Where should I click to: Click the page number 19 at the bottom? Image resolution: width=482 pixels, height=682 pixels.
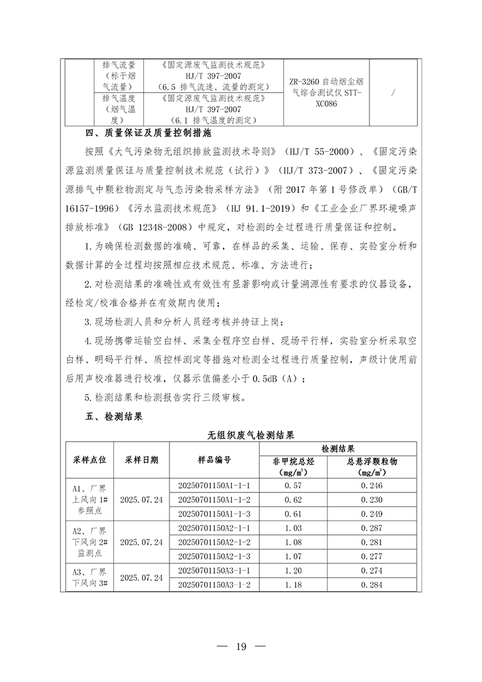[x=240, y=646]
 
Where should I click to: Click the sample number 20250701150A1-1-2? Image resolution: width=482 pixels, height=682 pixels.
[x=214, y=500]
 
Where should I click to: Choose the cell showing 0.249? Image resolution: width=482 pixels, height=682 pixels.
[x=371, y=514]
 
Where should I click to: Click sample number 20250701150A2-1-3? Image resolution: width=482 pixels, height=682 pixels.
[x=214, y=556]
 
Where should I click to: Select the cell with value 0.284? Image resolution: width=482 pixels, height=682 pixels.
[x=371, y=584]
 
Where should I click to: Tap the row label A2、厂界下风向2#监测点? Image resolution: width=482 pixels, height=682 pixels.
[x=92, y=542]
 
